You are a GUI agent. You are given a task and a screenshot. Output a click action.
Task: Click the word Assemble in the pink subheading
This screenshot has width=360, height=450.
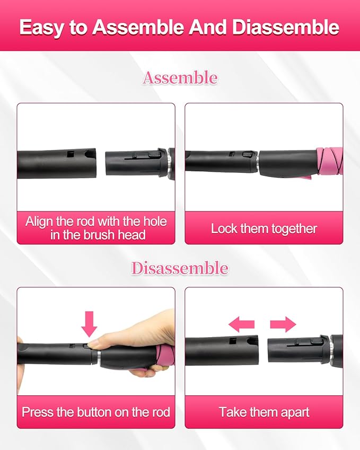click(x=180, y=78)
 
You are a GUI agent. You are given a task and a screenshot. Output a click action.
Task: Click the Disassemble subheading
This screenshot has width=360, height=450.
click(x=180, y=268)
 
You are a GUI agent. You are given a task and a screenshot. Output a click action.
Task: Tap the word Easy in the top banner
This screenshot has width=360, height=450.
click(x=41, y=27)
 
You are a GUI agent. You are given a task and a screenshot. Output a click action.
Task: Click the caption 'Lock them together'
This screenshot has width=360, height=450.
click(x=264, y=229)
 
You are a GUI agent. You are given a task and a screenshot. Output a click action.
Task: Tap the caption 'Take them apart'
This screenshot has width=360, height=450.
click(x=264, y=412)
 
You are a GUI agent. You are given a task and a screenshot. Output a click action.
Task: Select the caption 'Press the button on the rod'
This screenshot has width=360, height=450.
click(x=96, y=412)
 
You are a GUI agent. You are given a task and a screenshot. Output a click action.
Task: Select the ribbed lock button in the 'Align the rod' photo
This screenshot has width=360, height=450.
click(x=154, y=154)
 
